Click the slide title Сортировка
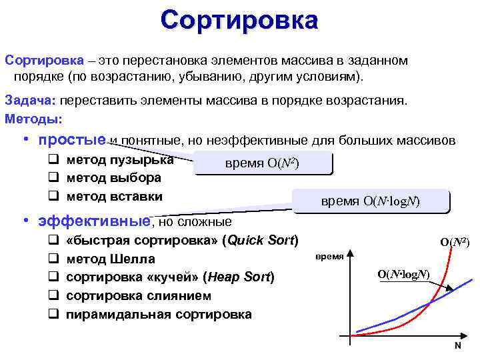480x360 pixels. click(x=239, y=20)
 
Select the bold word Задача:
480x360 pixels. click(x=31, y=101)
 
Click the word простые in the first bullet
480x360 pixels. click(x=72, y=141)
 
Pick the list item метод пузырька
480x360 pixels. click(x=120, y=160)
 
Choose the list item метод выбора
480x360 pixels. click(x=113, y=178)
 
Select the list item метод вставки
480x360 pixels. click(x=114, y=197)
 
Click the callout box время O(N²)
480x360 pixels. click(x=262, y=164)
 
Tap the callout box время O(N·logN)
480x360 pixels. click(x=371, y=201)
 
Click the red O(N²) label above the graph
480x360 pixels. click(x=455, y=243)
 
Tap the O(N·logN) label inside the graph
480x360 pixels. click(x=403, y=274)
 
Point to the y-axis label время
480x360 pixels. click(x=329, y=257)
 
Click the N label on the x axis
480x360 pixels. click(x=457, y=346)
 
